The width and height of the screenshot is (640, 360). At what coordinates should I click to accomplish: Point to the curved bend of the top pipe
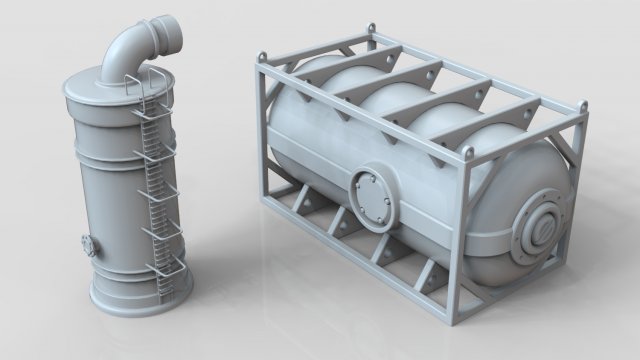(x=127, y=50)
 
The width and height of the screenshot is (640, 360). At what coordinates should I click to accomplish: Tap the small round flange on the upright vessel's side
(x=88, y=243)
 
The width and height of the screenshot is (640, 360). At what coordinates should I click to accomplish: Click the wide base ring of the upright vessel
(x=140, y=298)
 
